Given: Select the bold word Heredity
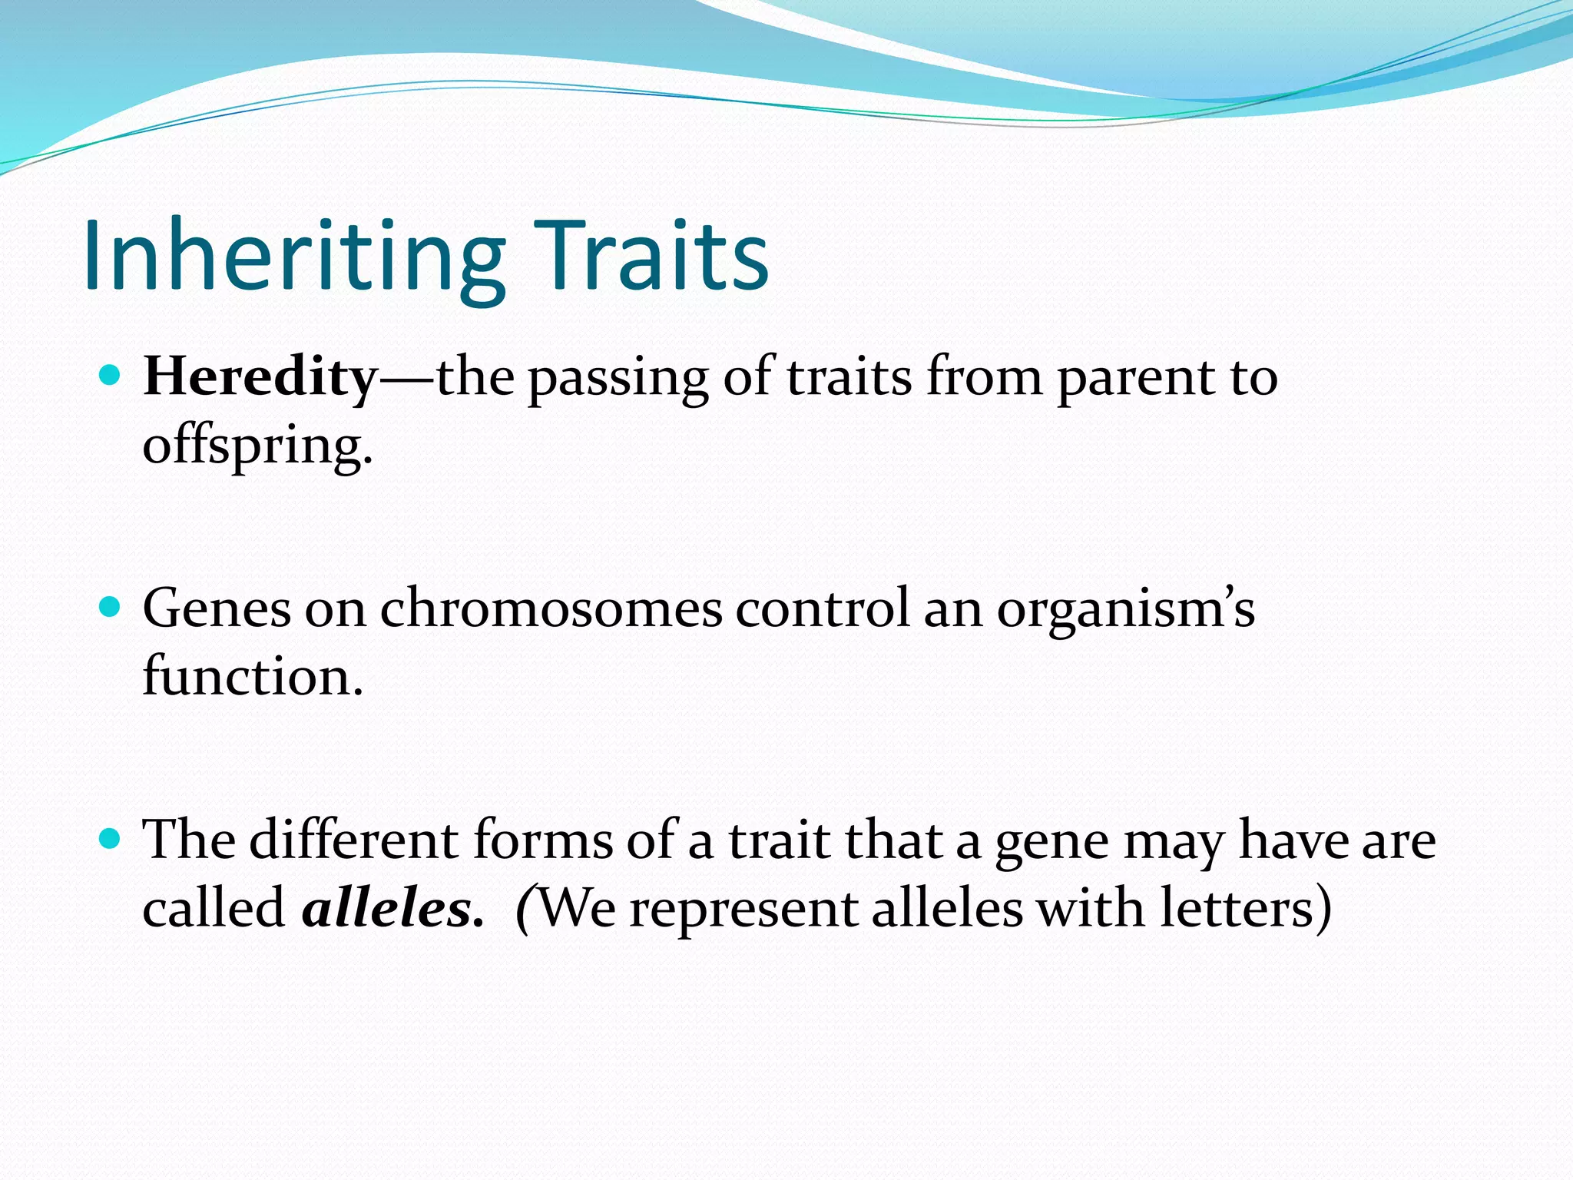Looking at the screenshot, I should pos(260,377).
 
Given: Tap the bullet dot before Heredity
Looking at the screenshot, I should pos(111,376).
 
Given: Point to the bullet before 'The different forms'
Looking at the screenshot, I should pos(111,839).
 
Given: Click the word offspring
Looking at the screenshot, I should pos(257,446).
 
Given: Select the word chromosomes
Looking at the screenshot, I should pos(551,608).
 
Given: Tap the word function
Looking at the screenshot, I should pos(252,677).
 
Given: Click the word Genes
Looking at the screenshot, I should pos(217,608).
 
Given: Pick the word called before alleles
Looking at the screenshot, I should pos(214,909).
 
